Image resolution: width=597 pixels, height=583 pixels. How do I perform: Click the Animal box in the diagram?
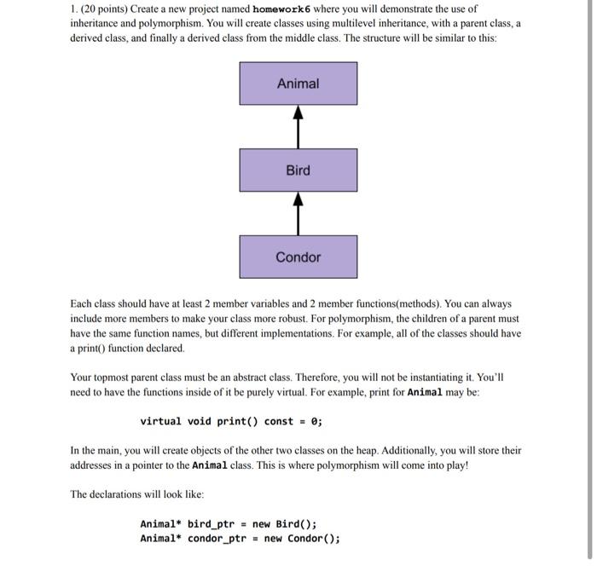click(x=298, y=84)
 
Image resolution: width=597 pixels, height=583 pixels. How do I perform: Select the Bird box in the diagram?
click(x=298, y=170)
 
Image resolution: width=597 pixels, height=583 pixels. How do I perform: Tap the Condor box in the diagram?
click(x=298, y=257)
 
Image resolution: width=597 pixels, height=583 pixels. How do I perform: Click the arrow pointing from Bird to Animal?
click(x=298, y=126)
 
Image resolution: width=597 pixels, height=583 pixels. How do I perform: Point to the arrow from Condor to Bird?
click(x=298, y=213)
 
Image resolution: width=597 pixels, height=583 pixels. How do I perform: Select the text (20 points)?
click(x=105, y=9)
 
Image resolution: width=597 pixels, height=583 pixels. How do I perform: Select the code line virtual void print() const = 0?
click(x=231, y=421)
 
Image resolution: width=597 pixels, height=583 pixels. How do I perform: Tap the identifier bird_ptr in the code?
click(x=211, y=524)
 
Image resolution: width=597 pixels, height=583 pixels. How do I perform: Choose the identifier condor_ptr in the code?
click(x=219, y=538)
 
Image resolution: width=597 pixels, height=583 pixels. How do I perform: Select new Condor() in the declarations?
click(x=302, y=538)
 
